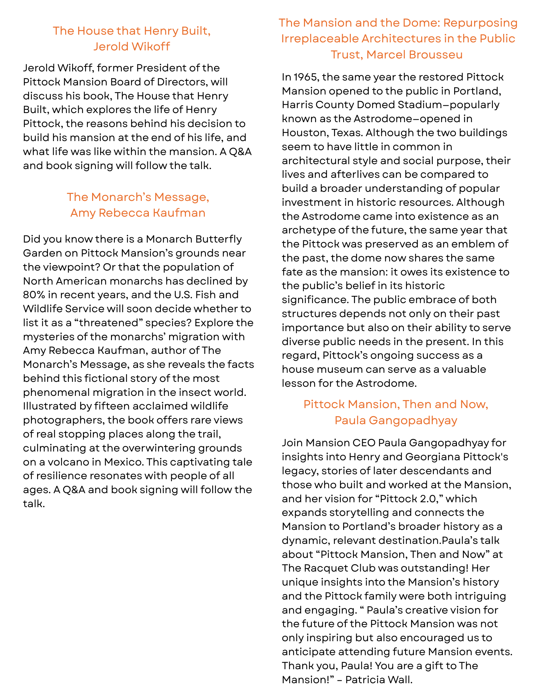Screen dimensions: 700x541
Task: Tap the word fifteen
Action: coord(112,406)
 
